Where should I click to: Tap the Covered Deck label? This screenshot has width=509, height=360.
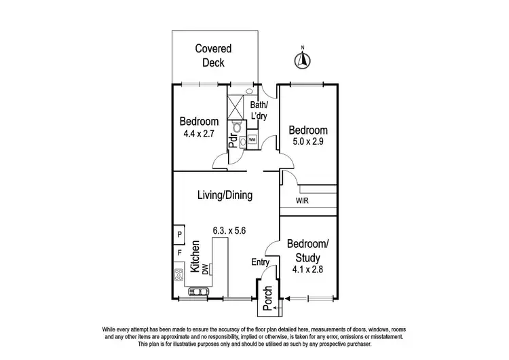pos(214,56)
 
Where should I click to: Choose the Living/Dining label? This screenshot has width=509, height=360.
pos(225,196)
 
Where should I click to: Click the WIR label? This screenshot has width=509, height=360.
pos(303,202)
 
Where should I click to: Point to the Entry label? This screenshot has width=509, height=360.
pos(261,262)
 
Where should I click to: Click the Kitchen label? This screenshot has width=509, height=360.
pos(194,257)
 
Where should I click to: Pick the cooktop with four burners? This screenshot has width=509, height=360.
pos(179,275)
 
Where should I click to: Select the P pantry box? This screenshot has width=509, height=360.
pos(179,235)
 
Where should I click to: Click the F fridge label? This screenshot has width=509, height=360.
pos(179,253)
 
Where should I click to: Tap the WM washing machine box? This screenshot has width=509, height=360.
pos(252,140)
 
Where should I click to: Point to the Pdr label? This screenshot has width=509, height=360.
pos(233,141)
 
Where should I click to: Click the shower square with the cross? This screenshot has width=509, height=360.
pos(236,107)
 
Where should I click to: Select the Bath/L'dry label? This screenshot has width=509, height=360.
pos(259,111)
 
